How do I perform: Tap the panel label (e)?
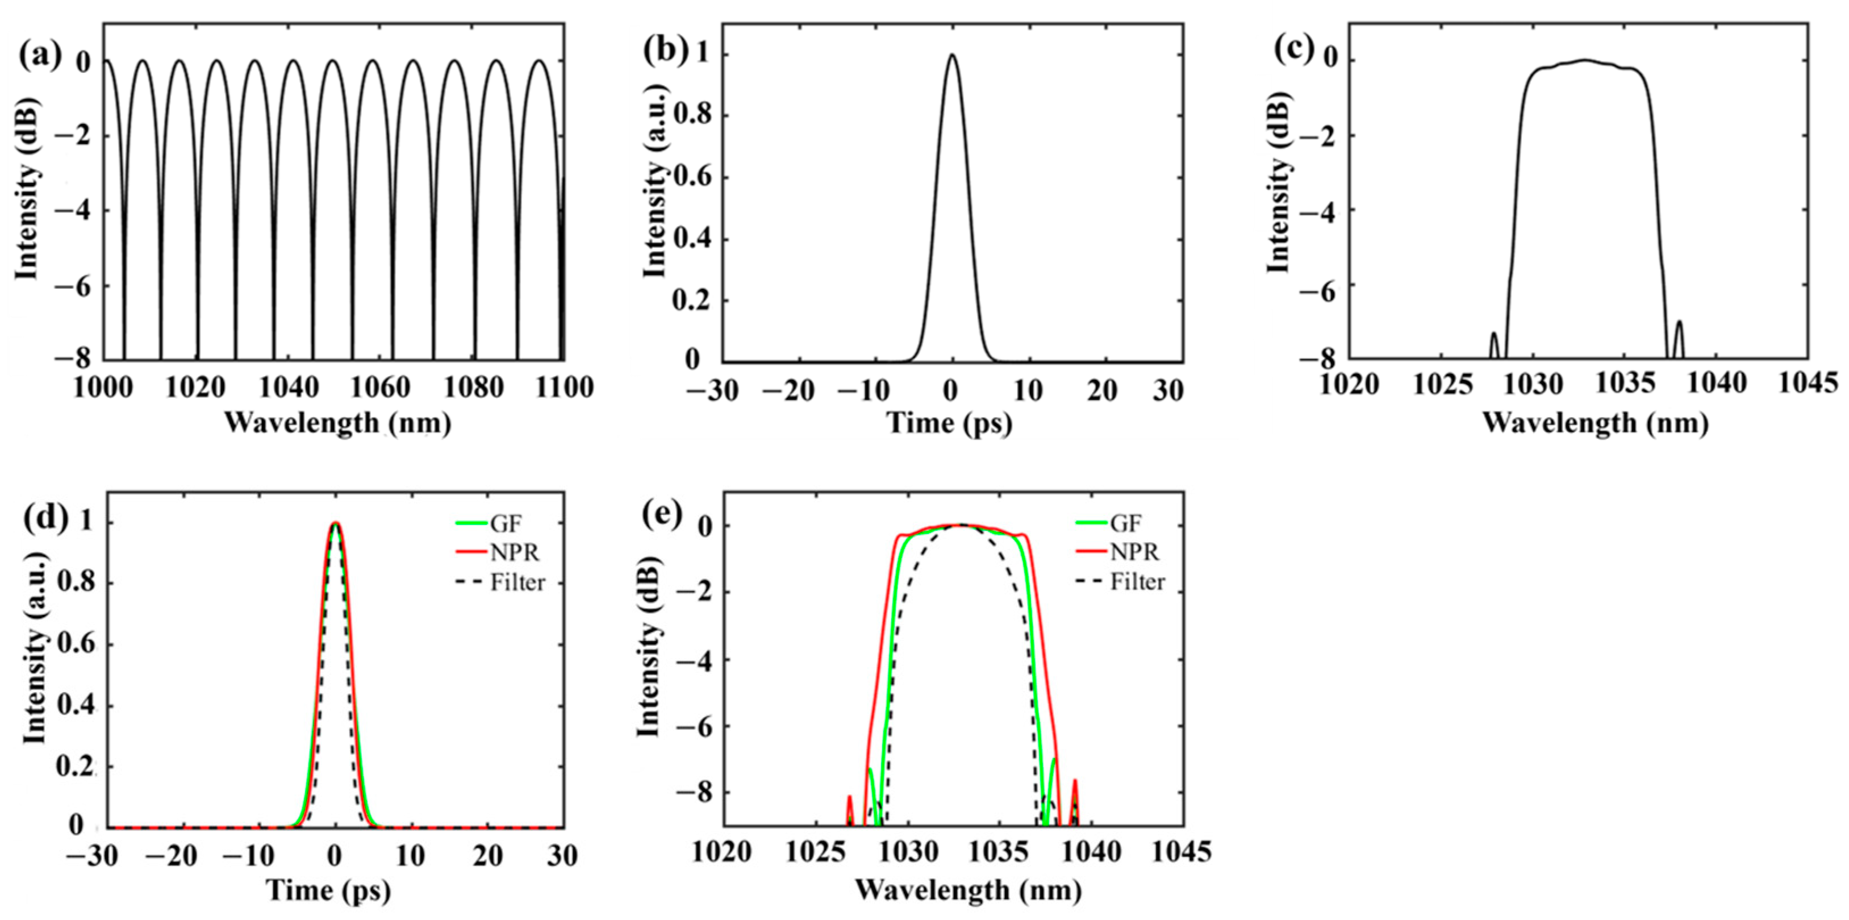coord(661,515)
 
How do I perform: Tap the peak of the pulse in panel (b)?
coord(952,55)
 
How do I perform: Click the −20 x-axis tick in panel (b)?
coord(787,392)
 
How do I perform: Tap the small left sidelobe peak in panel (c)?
coord(1495,334)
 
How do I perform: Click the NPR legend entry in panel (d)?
coord(515,552)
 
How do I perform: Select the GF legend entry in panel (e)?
coord(1125,523)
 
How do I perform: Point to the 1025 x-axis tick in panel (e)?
coord(815,852)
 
